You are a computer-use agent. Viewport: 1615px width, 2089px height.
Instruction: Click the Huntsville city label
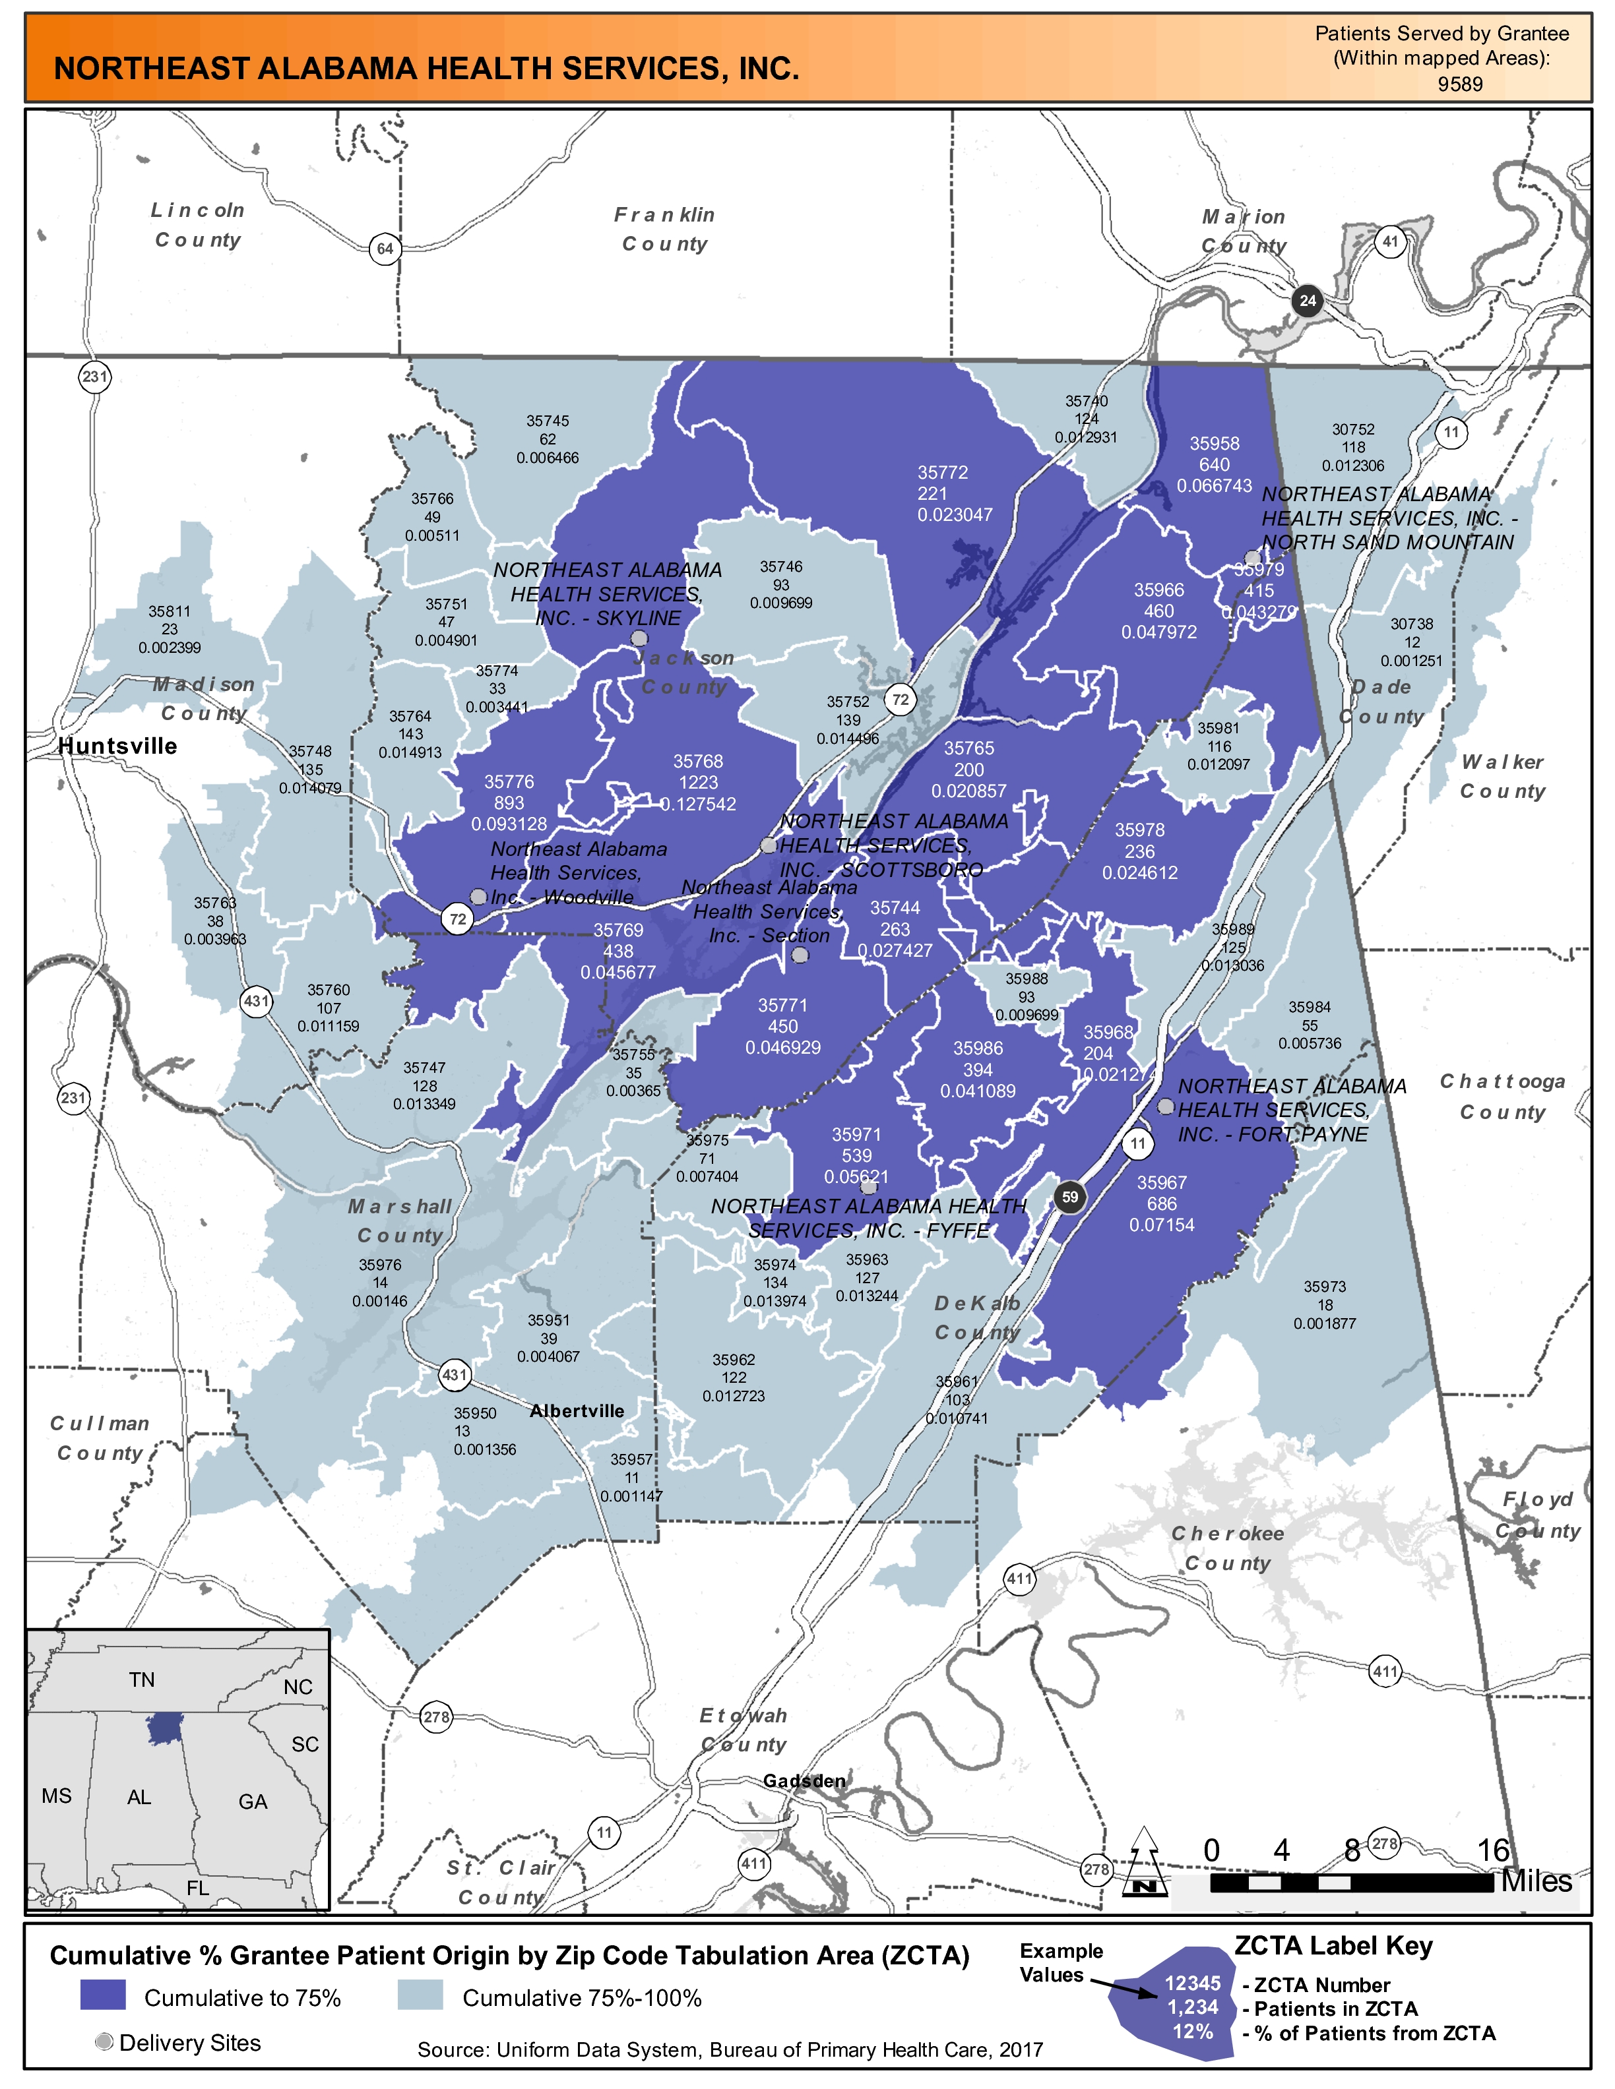[117, 746]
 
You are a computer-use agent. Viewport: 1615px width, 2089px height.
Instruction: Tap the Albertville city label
[577, 1411]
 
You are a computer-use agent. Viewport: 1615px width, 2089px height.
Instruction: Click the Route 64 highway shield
[385, 249]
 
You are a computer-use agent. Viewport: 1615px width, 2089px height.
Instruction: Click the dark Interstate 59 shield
[1069, 1197]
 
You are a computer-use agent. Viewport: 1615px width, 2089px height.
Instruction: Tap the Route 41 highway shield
[1390, 241]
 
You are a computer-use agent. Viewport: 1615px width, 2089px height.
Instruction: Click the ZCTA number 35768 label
[697, 762]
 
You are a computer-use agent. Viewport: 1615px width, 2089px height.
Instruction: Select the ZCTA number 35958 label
[1214, 444]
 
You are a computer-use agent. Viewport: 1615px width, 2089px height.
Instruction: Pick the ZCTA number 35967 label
[1162, 1183]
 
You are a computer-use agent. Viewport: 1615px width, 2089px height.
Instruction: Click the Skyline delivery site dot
[639, 638]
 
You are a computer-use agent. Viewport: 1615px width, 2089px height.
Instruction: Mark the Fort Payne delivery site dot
[1165, 1106]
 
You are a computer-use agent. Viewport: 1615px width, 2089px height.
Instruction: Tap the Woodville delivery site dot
[478, 896]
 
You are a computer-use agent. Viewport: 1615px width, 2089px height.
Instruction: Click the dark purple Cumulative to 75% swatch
[102, 1994]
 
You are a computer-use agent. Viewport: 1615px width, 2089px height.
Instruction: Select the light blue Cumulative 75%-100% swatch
[420, 1994]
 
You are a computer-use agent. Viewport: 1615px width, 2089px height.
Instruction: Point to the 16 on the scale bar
[1492, 1850]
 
